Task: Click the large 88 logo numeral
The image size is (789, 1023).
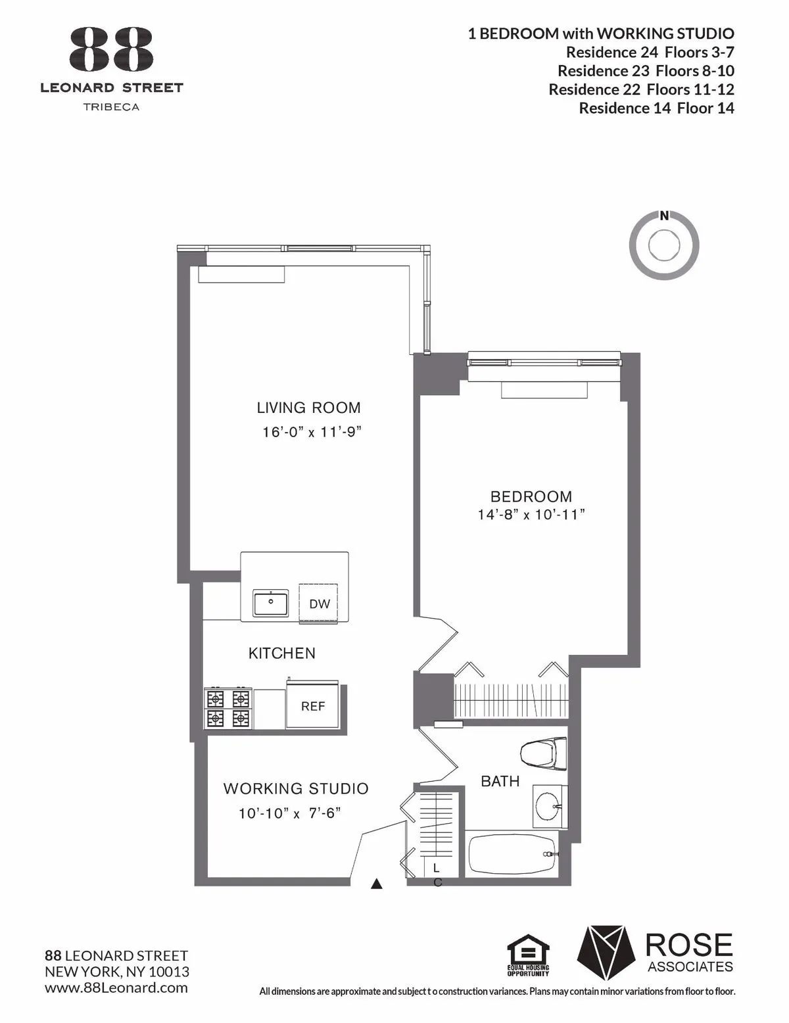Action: click(x=111, y=50)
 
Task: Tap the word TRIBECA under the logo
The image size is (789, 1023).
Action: click(x=111, y=107)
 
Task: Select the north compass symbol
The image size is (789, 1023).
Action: click(x=664, y=245)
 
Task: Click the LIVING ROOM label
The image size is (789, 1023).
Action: click(x=308, y=408)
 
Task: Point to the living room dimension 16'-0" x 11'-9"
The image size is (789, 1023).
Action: click(x=312, y=433)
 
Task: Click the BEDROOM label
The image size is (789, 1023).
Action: click(x=531, y=496)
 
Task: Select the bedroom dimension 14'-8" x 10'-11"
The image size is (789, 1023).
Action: click(x=531, y=515)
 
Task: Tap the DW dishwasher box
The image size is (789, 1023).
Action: click(x=320, y=602)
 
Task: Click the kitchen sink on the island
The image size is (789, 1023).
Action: click(x=271, y=603)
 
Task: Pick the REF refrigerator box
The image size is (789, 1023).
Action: click(x=313, y=707)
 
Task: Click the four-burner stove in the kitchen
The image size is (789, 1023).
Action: click(x=228, y=707)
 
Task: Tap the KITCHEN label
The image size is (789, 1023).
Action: click(x=281, y=653)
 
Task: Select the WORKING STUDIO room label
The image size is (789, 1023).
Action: click(x=296, y=788)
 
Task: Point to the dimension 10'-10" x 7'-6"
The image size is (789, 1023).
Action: click(x=289, y=813)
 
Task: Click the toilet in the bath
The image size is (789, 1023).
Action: click(x=544, y=753)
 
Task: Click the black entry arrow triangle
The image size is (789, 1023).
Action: click(x=377, y=884)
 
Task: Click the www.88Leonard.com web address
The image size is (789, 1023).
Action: click(x=116, y=987)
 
